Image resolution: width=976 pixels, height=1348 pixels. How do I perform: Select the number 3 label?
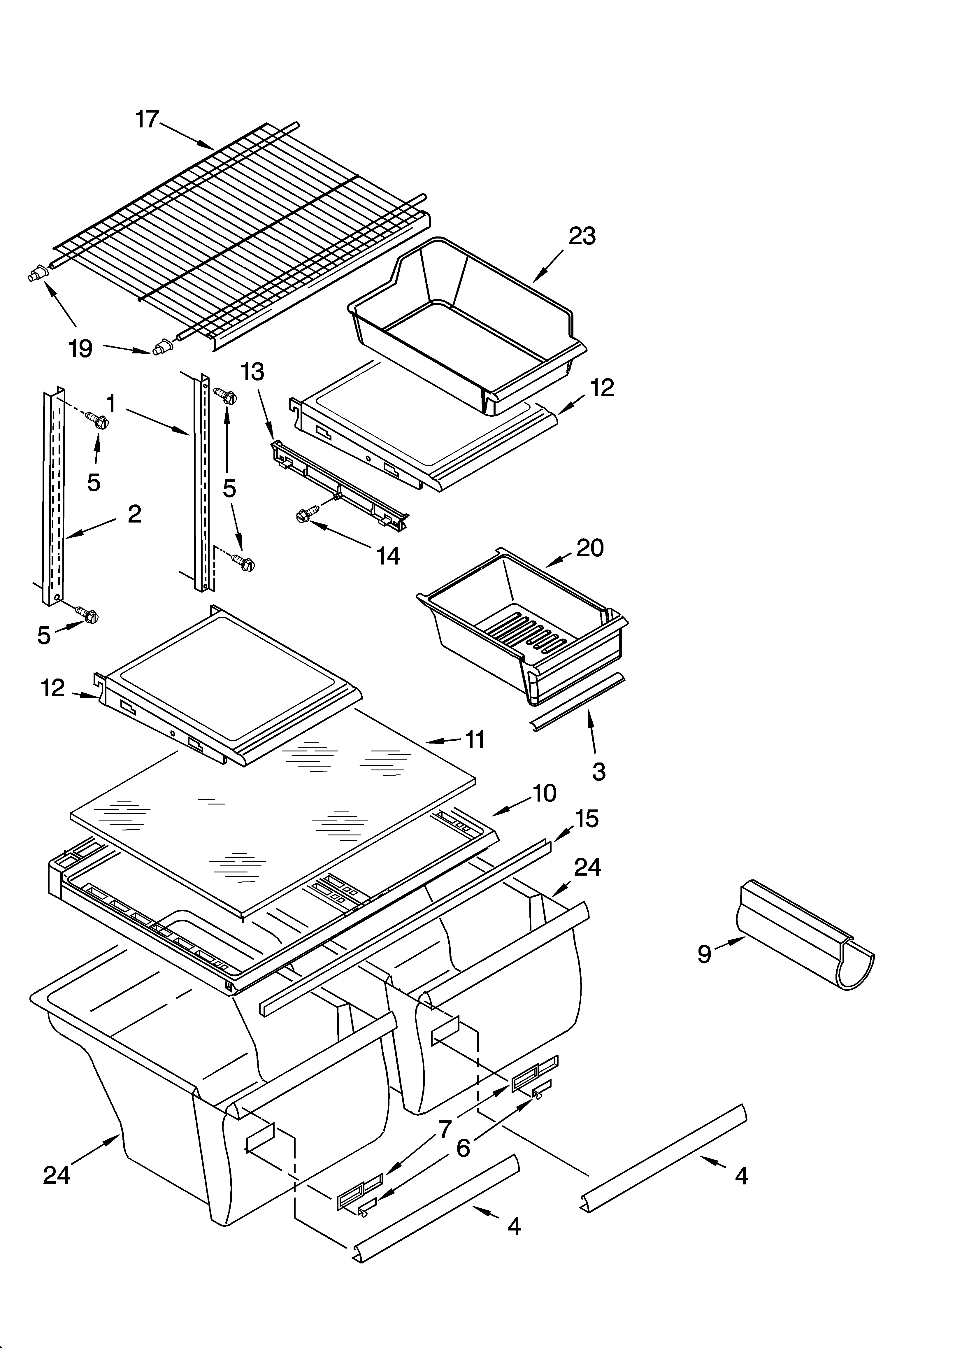[x=598, y=772]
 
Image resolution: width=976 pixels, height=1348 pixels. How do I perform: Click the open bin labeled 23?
[x=464, y=321]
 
